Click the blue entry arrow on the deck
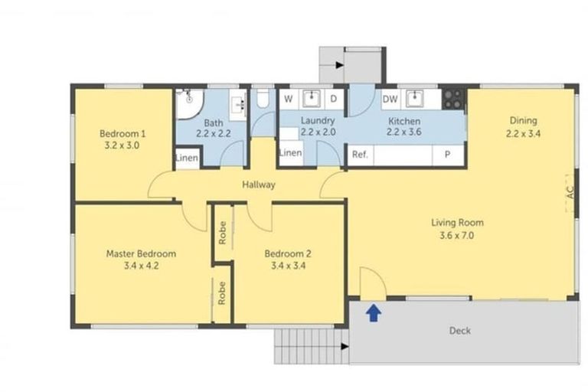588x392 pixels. pos(374,312)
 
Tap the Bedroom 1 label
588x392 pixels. pos(122,133)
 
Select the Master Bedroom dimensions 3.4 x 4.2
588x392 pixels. pos(142,266)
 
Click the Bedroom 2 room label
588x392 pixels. pos(287,254)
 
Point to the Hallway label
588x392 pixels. pos(258,185)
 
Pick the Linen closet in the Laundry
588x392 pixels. pos(290,153)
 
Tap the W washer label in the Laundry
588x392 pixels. pos(289,99)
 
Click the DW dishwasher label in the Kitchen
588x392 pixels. pos(390,99)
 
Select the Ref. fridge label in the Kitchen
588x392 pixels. pos(360,154)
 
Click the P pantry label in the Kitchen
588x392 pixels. pos(446,154)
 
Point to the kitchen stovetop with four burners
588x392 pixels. pos(453,98)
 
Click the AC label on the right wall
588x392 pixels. pos(569,193)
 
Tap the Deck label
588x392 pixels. pos(460,331)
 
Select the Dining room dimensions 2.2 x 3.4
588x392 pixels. pos(523,132)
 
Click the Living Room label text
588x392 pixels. pos(457,223)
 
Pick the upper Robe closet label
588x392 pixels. pos(222,233)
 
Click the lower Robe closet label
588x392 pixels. pos(222,293)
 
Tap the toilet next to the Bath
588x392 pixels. pos(262,100)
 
